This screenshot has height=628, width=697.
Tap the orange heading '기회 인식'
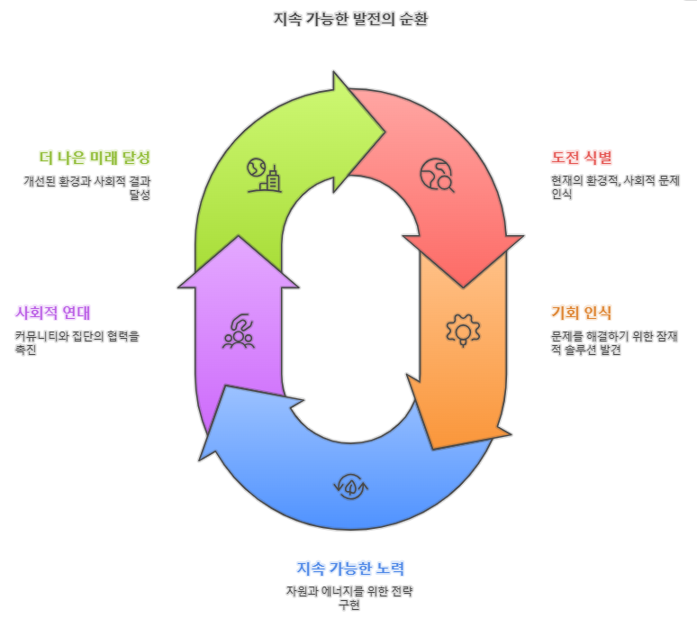click(581, 314)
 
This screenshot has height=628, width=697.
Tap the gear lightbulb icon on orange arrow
click(463, 329)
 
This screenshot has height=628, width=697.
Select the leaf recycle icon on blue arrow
click(350, 487)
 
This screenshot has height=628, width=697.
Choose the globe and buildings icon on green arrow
click(263, 175)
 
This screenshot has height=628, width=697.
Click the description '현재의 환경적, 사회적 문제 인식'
click(615, 187)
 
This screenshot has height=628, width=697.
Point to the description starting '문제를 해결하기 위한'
click(614, 342)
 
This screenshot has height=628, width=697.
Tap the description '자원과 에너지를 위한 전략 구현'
click(349, 597)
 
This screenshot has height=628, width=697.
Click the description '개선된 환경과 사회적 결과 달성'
click(87, 187)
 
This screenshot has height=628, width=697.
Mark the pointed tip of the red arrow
click(463, 287)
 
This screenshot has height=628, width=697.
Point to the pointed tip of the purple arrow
click(239, 237)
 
